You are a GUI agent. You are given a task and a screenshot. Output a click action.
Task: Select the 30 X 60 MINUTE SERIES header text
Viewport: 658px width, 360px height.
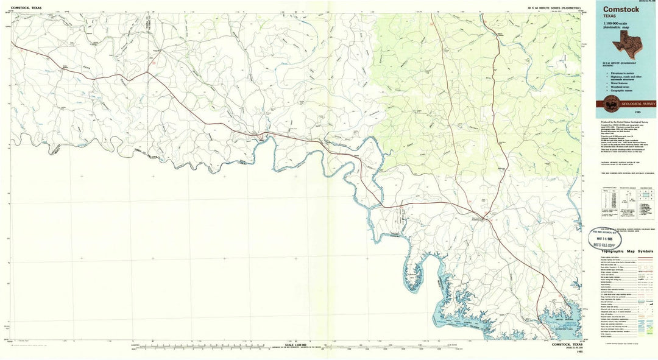[554, 7]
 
